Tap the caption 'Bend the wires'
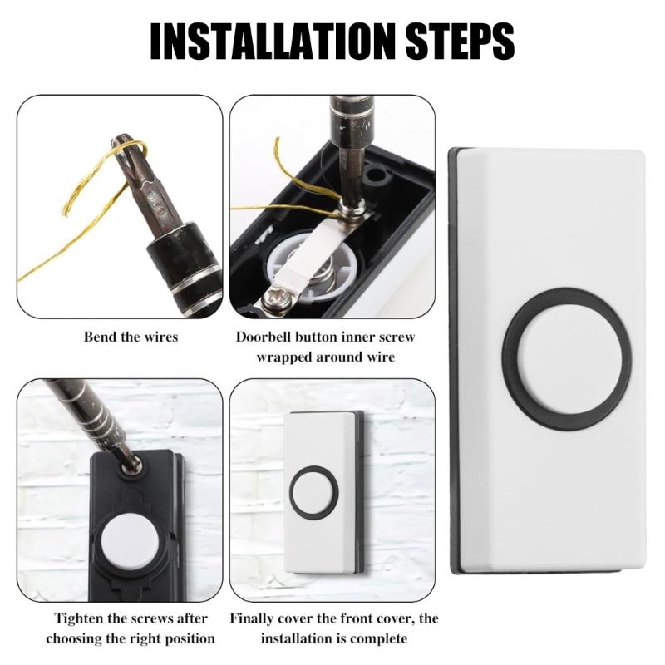pyautogui.click(x=131, y=337)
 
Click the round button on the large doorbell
pyautogui.click(x=568, y=358)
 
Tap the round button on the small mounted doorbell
pyautogui.click(x=313, y=492)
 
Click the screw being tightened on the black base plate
pyautogui.click(x=129, y=467)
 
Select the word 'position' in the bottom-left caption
pyautogui.click(x=187, y=638)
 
